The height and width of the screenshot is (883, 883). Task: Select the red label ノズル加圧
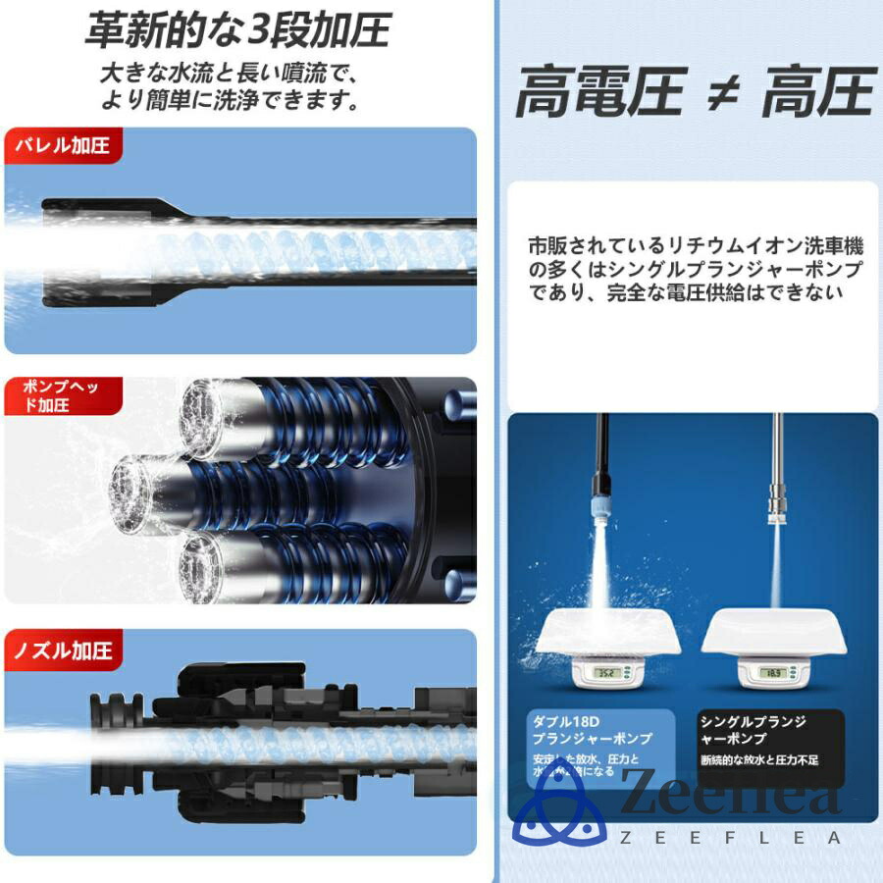(63, 649)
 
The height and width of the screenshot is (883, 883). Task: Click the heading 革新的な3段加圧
(237, 31)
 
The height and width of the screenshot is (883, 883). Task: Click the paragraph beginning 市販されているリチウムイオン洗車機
(696, 268)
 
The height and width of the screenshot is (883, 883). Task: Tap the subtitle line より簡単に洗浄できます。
(228, 100)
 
